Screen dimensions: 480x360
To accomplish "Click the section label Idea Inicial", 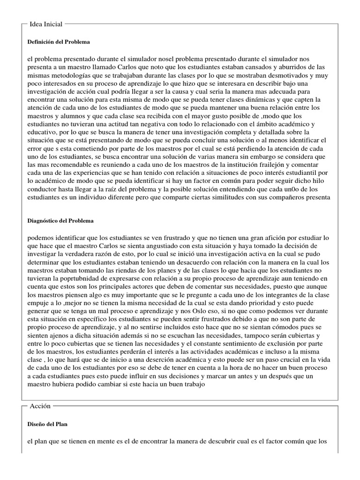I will click(46, 24).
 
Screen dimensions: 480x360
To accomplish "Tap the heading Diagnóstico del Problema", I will click(60, 220).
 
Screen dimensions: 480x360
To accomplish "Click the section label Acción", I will click(40, 406).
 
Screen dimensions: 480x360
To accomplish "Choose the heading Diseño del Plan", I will click(48, 424).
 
